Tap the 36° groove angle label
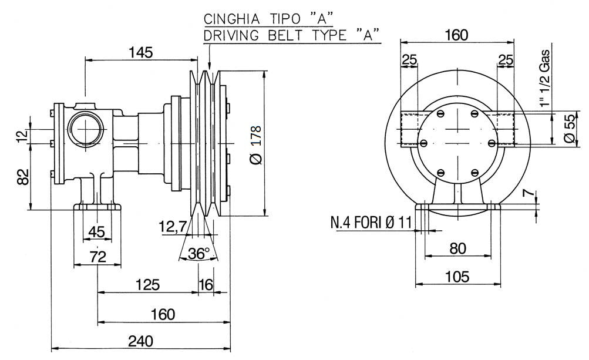pos(198,254)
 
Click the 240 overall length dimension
pos(141,341)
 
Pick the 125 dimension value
pos(147,285)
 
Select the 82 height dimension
pos(22,176)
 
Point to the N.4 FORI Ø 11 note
pos(371,223)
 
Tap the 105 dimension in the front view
pos(457,277)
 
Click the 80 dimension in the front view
pos(457,248)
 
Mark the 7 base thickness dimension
pos(528,194)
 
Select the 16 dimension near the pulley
pos(206,285)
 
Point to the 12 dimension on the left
pos(22,136)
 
